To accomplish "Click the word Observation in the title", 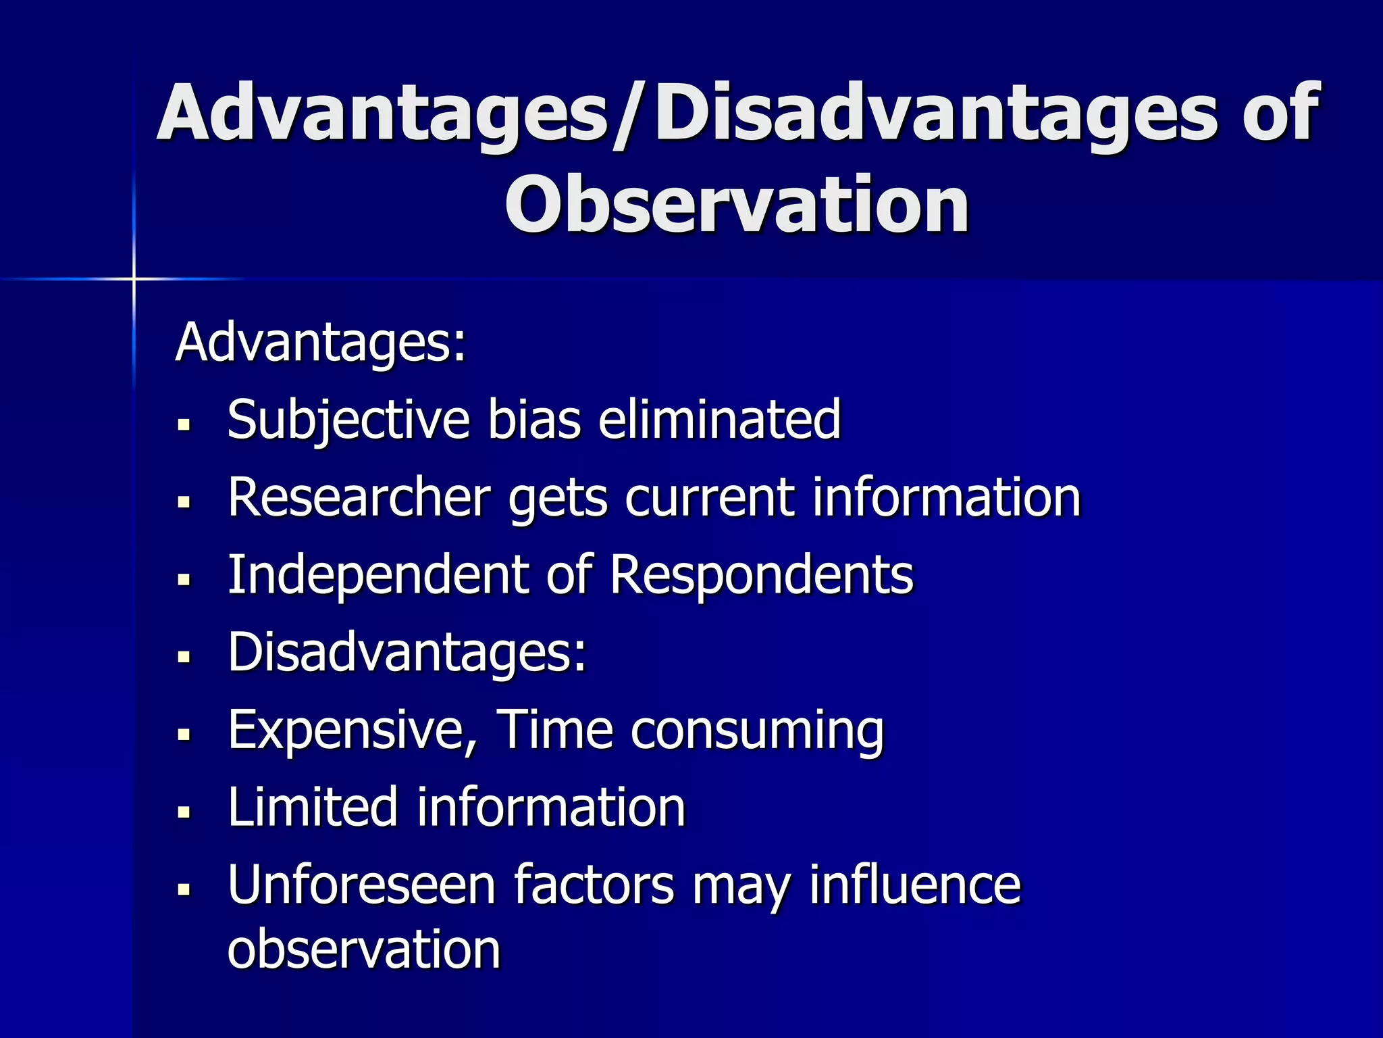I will click(737, 205).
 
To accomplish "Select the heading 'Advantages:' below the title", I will click(321, 343).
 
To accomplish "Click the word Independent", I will click(377, 576).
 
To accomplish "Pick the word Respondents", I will click(762, 576).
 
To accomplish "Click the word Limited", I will click(313, 808).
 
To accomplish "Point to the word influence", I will click(914, 885).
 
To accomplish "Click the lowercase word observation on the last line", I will click(364, 949).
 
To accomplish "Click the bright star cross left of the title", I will click(134, 278).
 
